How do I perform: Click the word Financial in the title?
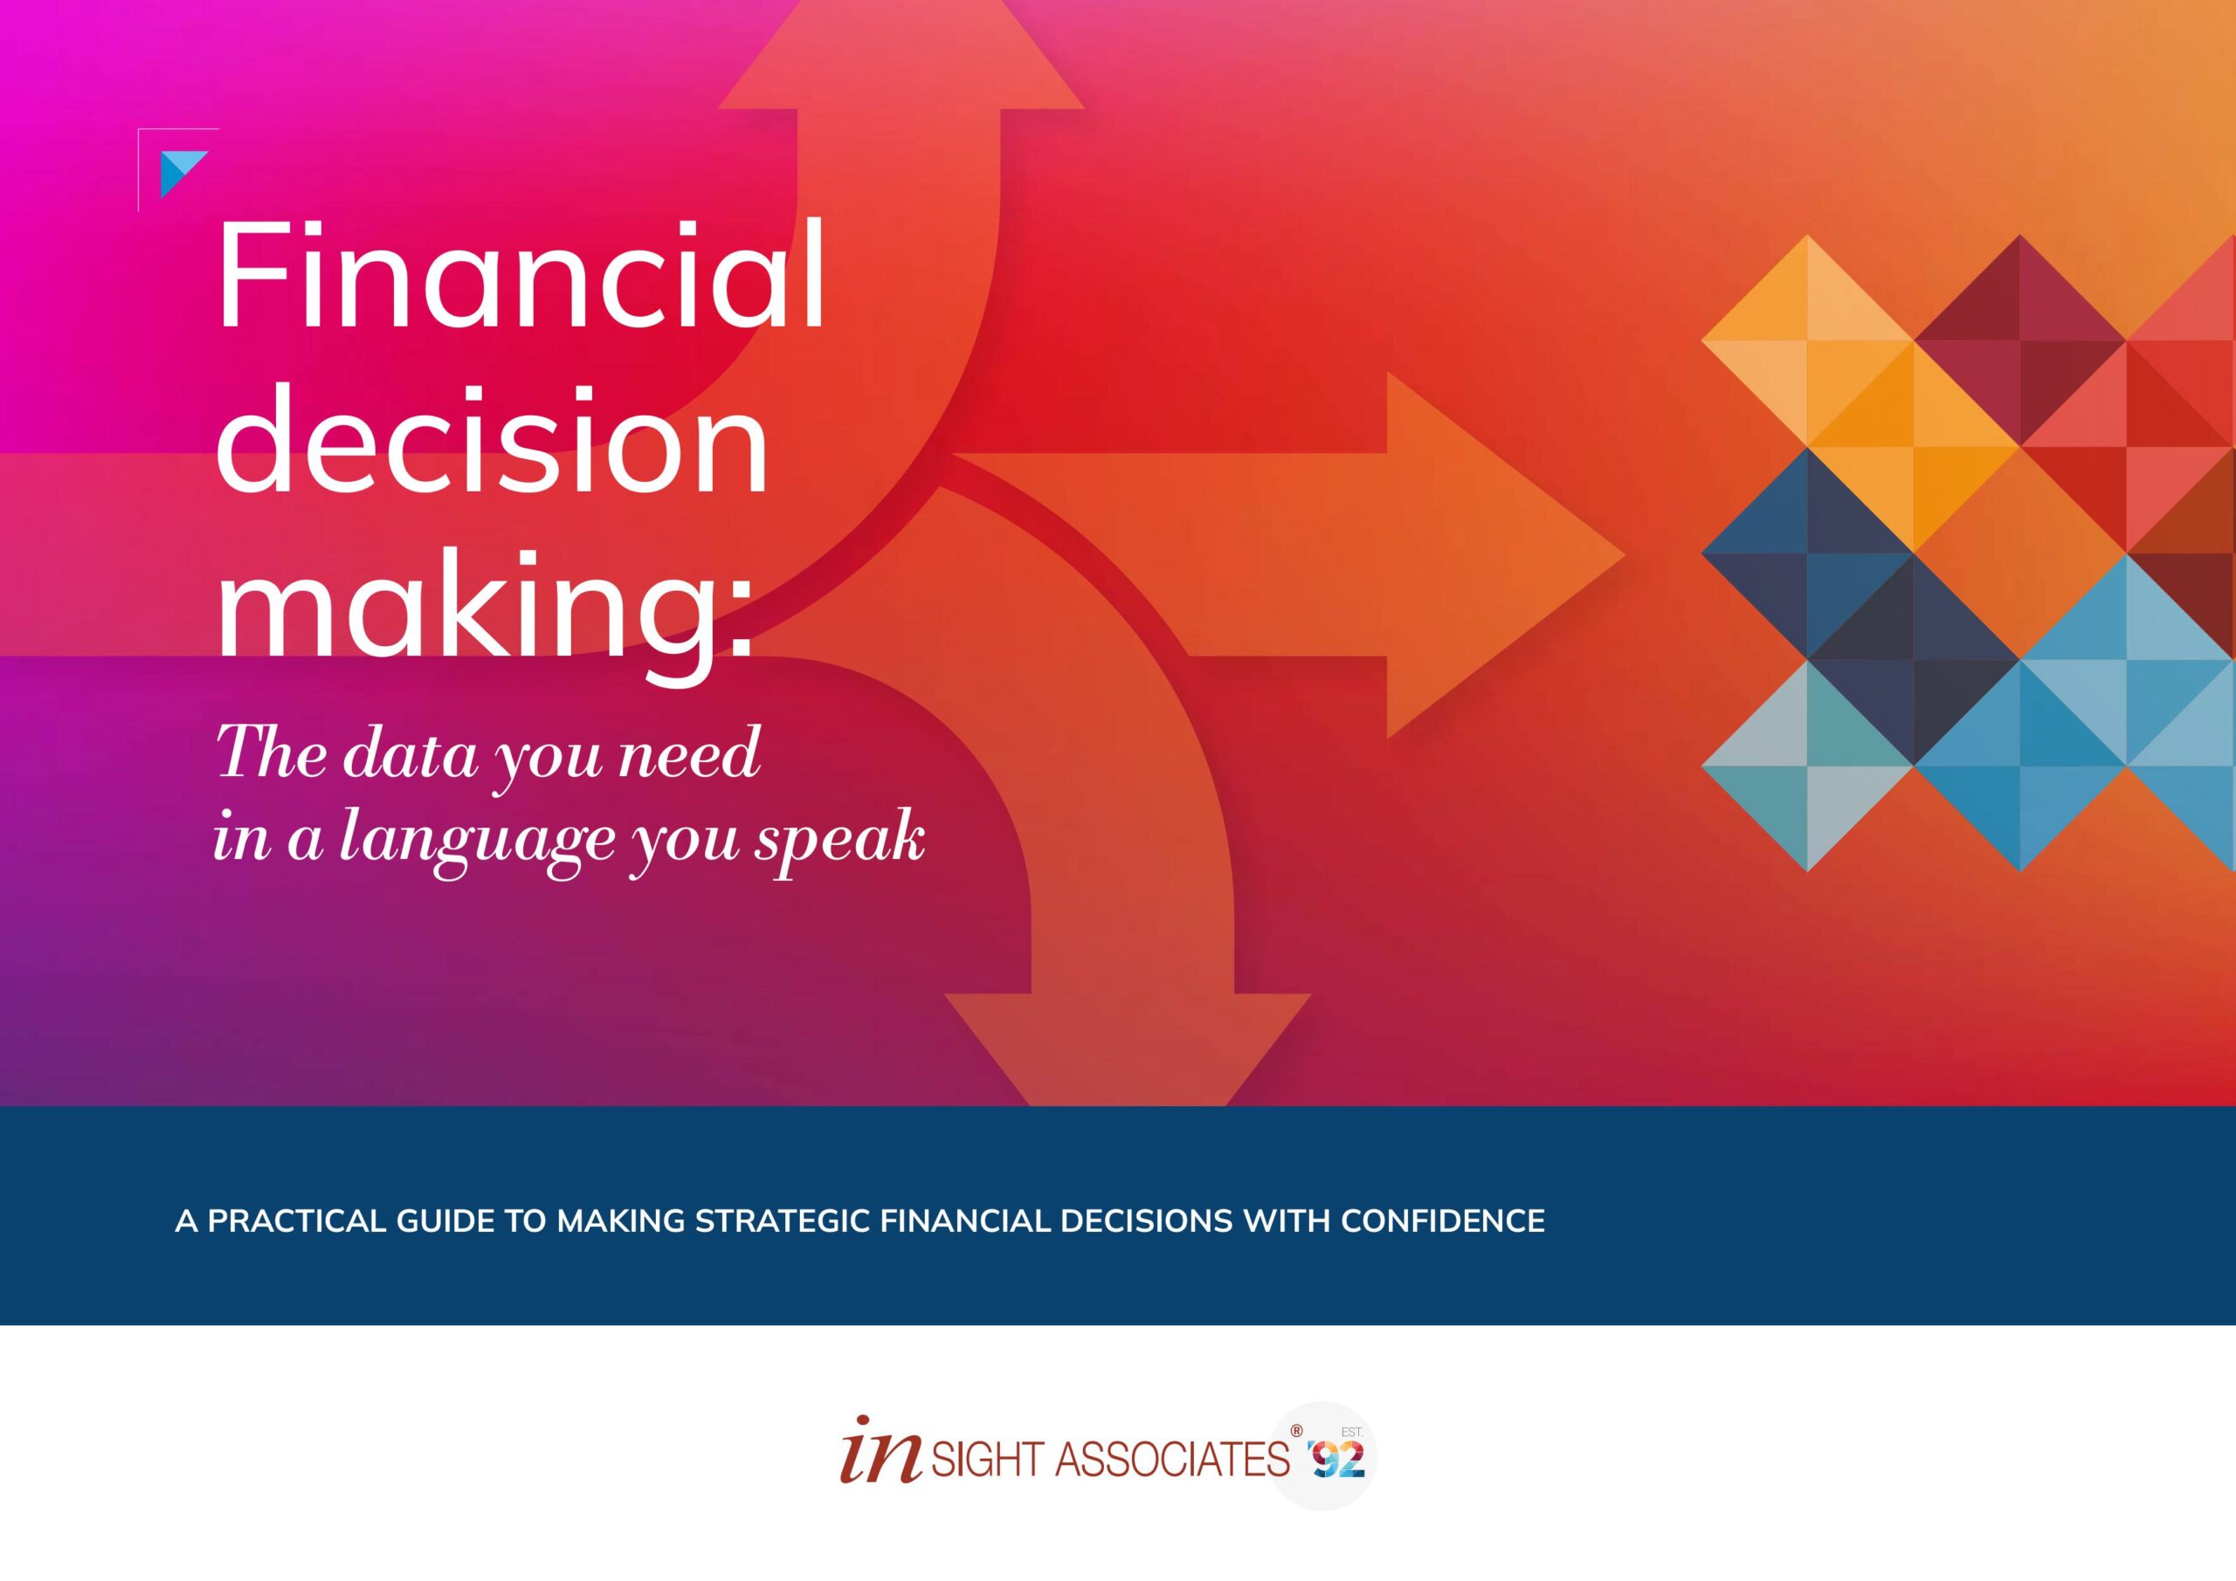pyautogui.click(x=521, y=276)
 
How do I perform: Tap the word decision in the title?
pyautogui.click(x=492, y=440)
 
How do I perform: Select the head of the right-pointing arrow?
pyautogui.click(x=1505, y=555)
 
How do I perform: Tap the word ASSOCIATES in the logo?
pyautogui.click(x=1172, y=1461)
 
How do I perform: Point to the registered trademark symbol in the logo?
pyautogui.click(x=1296, y=1431)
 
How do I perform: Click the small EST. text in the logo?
pyautogui.click(x=1352, y=1432)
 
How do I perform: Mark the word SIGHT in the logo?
pyautogui.click(x=988, y=1461)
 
